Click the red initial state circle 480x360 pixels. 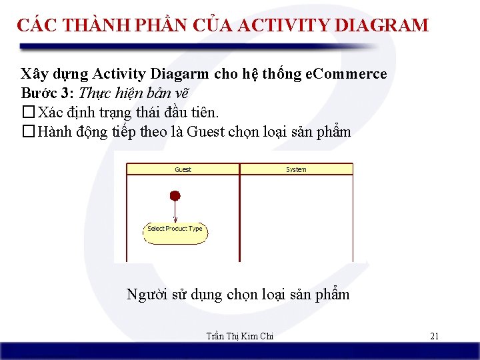tap(175, 195)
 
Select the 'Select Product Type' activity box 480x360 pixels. tap(175, 229)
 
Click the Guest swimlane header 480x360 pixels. tap(183, 169)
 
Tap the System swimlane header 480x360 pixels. tap(296, 169)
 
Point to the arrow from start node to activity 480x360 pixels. tap(175, 211)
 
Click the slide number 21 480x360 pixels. tap(434, 336)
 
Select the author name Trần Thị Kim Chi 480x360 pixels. tap(240, 336)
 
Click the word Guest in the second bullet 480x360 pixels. tap(205, 131)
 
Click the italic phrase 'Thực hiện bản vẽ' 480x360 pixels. tap(137, 93)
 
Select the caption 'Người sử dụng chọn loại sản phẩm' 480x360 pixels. tap(238, 294)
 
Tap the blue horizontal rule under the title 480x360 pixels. tap(200, 47)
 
